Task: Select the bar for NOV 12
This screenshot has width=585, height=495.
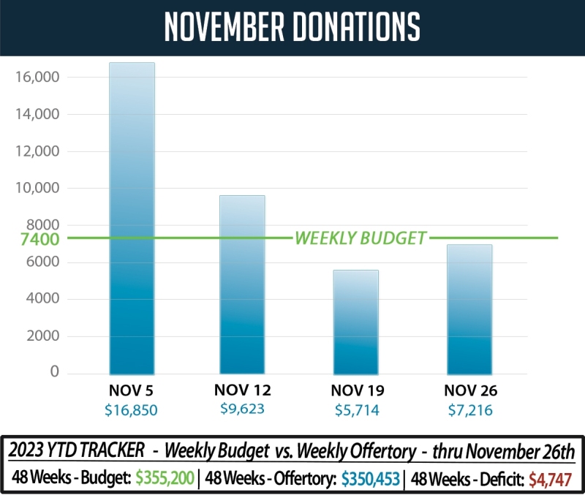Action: click(x=242, y=284)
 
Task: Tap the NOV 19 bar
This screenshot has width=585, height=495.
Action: click(x=355, y=322)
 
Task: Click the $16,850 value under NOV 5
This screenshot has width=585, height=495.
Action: click(x=132, y=410)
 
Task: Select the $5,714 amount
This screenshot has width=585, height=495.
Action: click(x=355, y=410)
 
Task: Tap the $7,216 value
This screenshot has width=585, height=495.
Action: click(x=468, y=410)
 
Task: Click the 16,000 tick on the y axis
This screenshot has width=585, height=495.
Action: click(x=37, y=77)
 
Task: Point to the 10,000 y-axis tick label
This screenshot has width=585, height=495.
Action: click(x=37, y=188)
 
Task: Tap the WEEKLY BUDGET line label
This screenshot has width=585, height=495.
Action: click(x=360, y=238)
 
